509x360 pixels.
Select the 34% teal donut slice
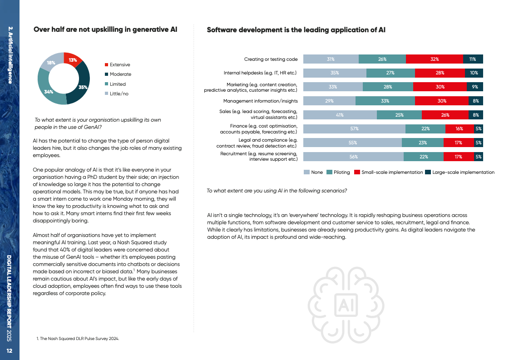click(50, 91)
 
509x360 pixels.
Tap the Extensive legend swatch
click(107, 64)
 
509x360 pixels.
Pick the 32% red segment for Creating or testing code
click(434, 59)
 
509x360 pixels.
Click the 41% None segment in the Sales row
click(340, 115)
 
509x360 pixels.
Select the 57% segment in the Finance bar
click(354, 129)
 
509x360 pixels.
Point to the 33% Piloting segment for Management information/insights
click(385, 101)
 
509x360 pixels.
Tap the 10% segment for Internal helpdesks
click(474, 73)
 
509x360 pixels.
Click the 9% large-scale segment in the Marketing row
click(474, 87)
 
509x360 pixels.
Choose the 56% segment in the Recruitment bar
click(353, 157)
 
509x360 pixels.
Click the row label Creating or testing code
click(271, 59)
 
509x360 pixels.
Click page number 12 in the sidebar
click(10, 351)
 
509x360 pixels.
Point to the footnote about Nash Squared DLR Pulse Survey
click(78, 339)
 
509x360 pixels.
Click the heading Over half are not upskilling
click(105, 30)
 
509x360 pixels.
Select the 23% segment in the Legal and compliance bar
click(422, 143)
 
